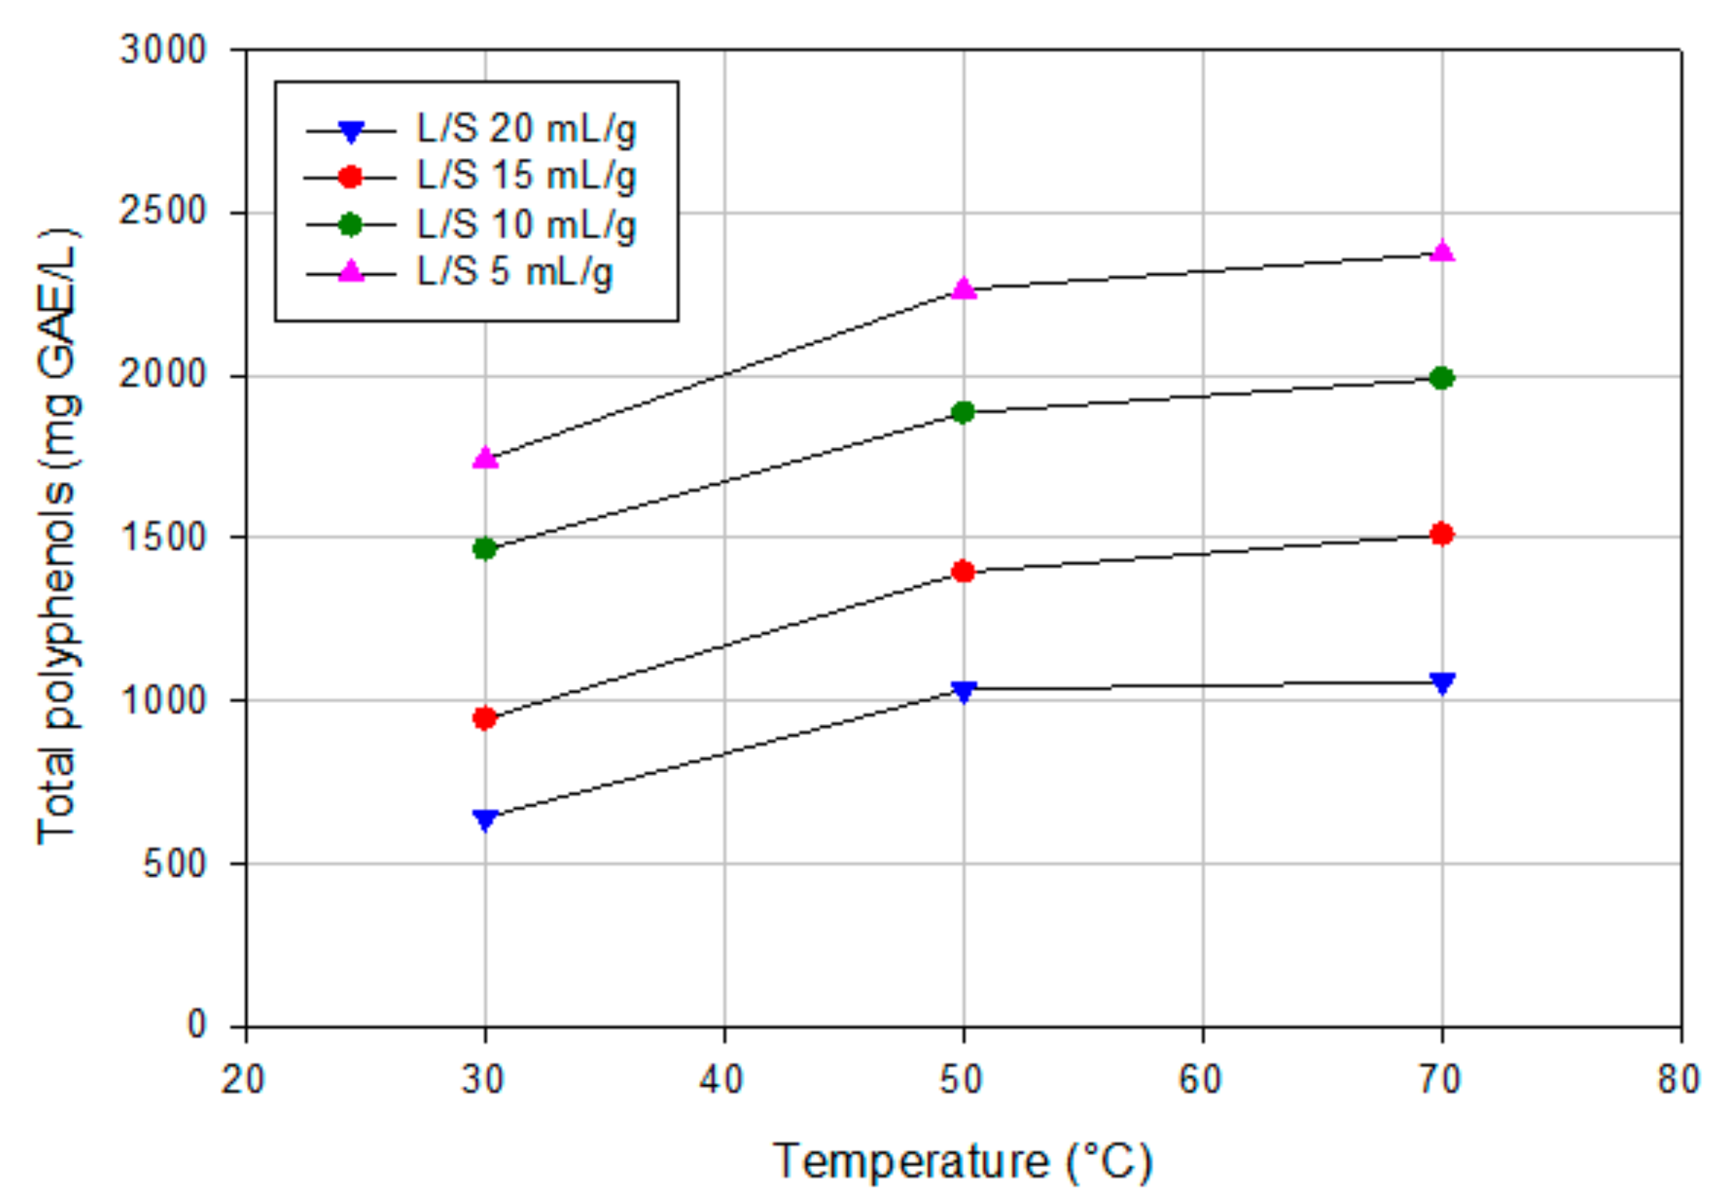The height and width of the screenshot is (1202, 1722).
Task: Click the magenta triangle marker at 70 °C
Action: pyautogui.click(x=1443, y=251)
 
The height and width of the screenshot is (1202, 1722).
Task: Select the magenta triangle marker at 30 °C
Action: pyautogui.click(x=485, y=458)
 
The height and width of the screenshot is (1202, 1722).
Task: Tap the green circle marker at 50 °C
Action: pyautogui.click(x=963, y=412)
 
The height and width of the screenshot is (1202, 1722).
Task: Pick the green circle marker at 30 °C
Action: pyautogui.click(x=484, y=549)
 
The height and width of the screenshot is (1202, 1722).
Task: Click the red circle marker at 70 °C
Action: pyautogui.click(x=1442, y=534)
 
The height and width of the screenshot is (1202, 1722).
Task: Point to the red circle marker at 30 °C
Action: pyautogui.click(x=484, y=718)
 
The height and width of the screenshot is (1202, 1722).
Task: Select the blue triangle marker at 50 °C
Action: pyautogui.click(x=964, y=691)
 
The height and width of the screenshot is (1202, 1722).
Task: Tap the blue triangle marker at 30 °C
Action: pyautogui.click(x=485, y=820)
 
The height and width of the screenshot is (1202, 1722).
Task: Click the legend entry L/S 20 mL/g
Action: pyautogui.click(x=525, y=129)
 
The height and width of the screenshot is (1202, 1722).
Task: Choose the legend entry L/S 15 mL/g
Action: pyautogui.click(x=525, y=177)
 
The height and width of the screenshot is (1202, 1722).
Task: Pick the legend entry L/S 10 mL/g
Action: pyautogui.click(x=525, y=225)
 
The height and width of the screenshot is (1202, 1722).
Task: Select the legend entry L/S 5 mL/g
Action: pyautogui.click(x=514, y=272)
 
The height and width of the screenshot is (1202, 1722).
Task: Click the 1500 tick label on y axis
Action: pyautogui.click(x=163, y=537)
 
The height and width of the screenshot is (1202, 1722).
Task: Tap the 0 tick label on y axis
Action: pyautogui.click(x=197, y=1025)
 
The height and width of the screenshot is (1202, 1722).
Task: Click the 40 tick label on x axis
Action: pyautogui.click(x=722, y=1081)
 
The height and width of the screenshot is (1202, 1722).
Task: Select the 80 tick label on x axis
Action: pyautogui.click(x=1678, y=1081)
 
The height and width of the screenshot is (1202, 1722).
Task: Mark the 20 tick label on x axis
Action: pyautogui.click(x=243, y=1081)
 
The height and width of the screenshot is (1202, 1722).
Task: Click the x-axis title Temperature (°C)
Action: pyautogui.click(x=962, y=1163)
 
